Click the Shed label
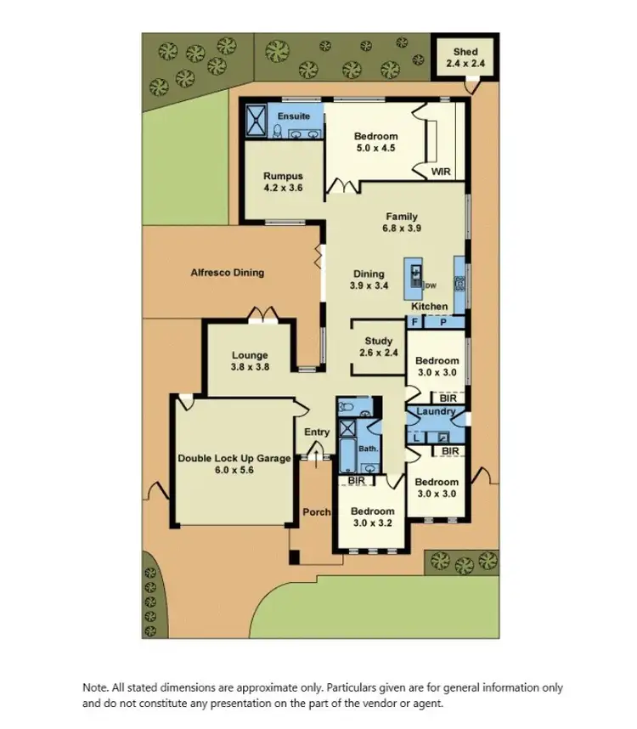[x=465, y=52]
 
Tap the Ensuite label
[x=294, y=116]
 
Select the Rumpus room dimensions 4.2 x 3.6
[x=283, y=188]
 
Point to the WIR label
[x=441, y=172]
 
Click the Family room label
[x=401, y=217]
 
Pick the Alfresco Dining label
[x=227, y=273]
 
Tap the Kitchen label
[x=430, y=307]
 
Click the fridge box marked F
[x=415, y=323]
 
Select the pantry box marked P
[x=445, y=323]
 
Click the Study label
[x=379, y=342]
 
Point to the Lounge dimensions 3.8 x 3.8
[x=250, y=368]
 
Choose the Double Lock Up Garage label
[x=234, y=459]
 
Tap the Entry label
[x=317, y=432]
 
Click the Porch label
[x=316, y=511]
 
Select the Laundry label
[x=437, y=412]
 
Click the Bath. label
[x=368, y=448]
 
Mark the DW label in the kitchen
[x=430, y=285]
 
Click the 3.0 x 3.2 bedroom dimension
[x=373, y=523]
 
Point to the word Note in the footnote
[x=94, y=688]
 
